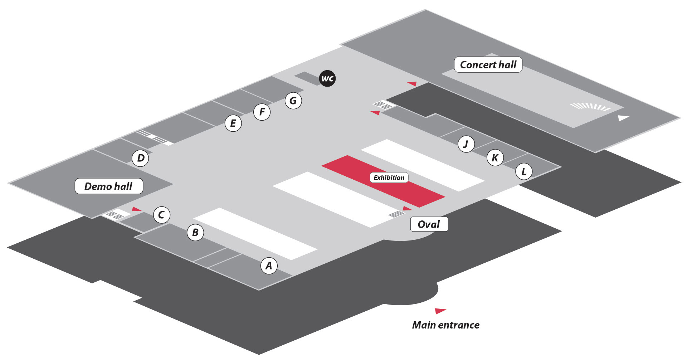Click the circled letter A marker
coord(269,266)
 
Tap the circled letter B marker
coord(195,232)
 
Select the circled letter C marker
coord(161,215)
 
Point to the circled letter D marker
coord(141,158)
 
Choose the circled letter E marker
coord(233,123)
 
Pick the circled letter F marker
coord(262,112)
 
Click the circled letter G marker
coord(293,101)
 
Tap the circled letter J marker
coord(466,144)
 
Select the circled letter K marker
coord(495,157)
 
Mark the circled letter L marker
coord(524,171)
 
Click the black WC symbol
coord(327,78)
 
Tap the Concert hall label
coord(488,65)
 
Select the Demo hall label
coord(108,186)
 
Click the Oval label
coord(429,224)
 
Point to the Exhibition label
coord(389,177)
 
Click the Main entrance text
coord(445,325)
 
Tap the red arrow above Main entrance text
coord(440,311)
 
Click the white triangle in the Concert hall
coord(623,118)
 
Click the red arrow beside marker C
coord(136,209)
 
